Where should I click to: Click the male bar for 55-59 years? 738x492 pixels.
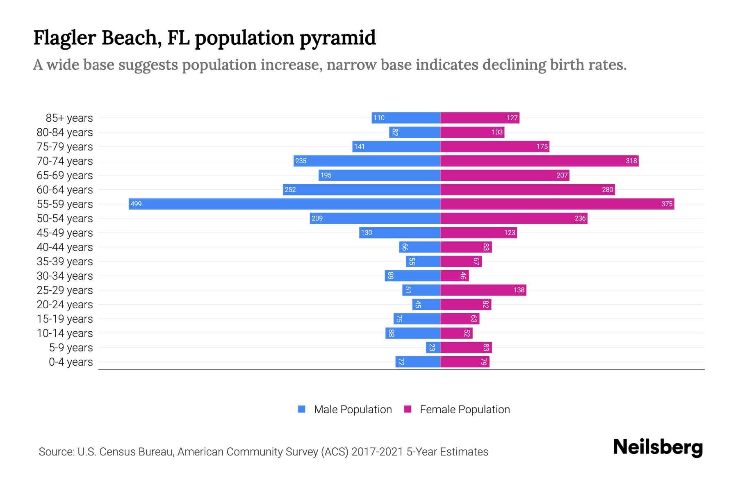pyautogui.click(x=284, y=204)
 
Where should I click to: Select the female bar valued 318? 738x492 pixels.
pyautogui.click(x=539, y=161)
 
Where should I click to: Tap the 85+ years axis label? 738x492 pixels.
pyautogui.click(x=69, y=118)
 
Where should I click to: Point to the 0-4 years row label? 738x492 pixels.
pyautogui.click(x=71, y=362)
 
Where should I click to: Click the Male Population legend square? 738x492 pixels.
pyautogui.click(x=302, y=409)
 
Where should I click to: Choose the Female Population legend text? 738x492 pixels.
pyautogui.click(x=465, y=410)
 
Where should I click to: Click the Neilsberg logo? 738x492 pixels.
pyautogui.click(x=658, y=447)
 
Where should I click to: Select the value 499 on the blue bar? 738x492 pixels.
pyautogui.click(x=136, y=204)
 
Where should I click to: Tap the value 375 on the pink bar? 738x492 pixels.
pyautogui.click(x=667, y=204)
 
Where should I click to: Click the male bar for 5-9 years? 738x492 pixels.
pyautogui.click(x=433, y=348)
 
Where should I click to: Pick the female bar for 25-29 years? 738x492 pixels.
pyautogui.click(x=483, y=290)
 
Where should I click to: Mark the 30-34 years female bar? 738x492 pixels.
pyautogui.click(x=454, y=276)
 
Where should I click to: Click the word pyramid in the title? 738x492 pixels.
pyautogui.click(x=337, y=38)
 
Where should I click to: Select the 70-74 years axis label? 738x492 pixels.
pyautogui.click(x=64, y=161)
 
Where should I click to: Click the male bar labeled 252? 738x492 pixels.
pyautogui.click(x=361, y=189)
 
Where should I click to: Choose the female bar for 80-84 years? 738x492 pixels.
pyautogui.click(x=472, y=132)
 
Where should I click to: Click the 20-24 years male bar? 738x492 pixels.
pyautogui.click(x=426, y=305)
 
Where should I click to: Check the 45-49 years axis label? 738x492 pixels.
pyautogui.click(x=64, y=233)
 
